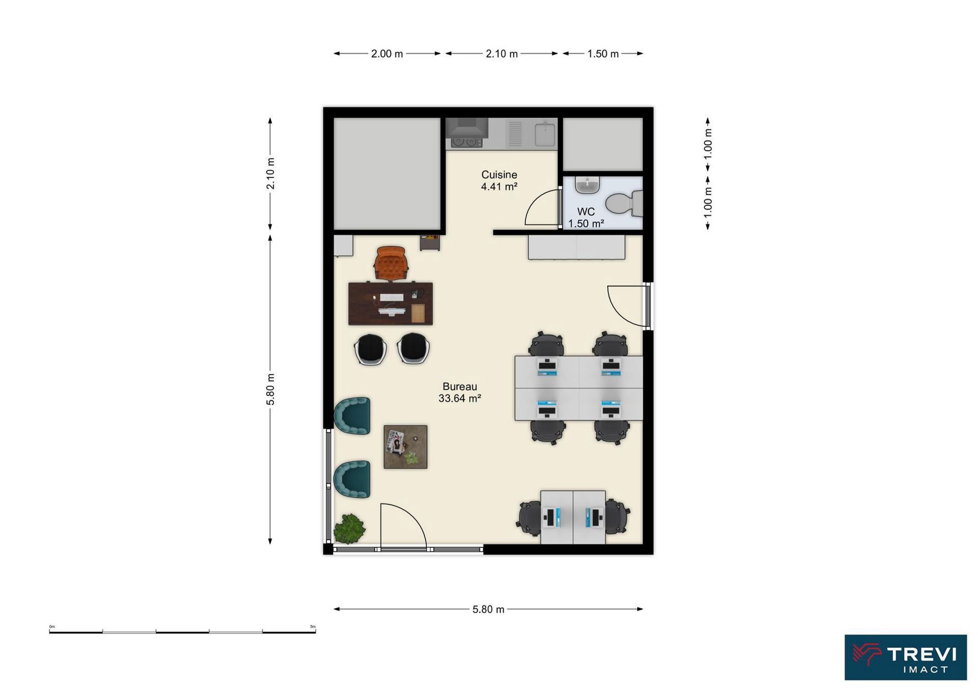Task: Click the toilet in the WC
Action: [x=623, y=203]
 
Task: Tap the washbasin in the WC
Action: [x=587, y=185]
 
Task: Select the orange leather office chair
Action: [x=391, y=263]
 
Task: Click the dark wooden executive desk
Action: [x=390, y=304]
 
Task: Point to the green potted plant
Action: [x=349, y=529]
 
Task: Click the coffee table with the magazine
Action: [x=405, y=447]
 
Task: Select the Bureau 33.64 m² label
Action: [x=459, y=392]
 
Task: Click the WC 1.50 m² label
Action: [x=586, y=218]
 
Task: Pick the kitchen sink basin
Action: [x=545, y=134]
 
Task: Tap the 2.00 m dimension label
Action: [x=387, y=54]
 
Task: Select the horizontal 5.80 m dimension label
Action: [x=488, y=609]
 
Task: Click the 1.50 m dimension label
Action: [x=603, y=54]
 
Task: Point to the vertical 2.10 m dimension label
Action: [x=271, y=173]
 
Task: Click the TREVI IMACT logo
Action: [x=905, y=657]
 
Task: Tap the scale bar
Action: [x=182, y=631]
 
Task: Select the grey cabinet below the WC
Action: [x=577, y=247]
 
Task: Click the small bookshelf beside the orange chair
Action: [x=430, y=243]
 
